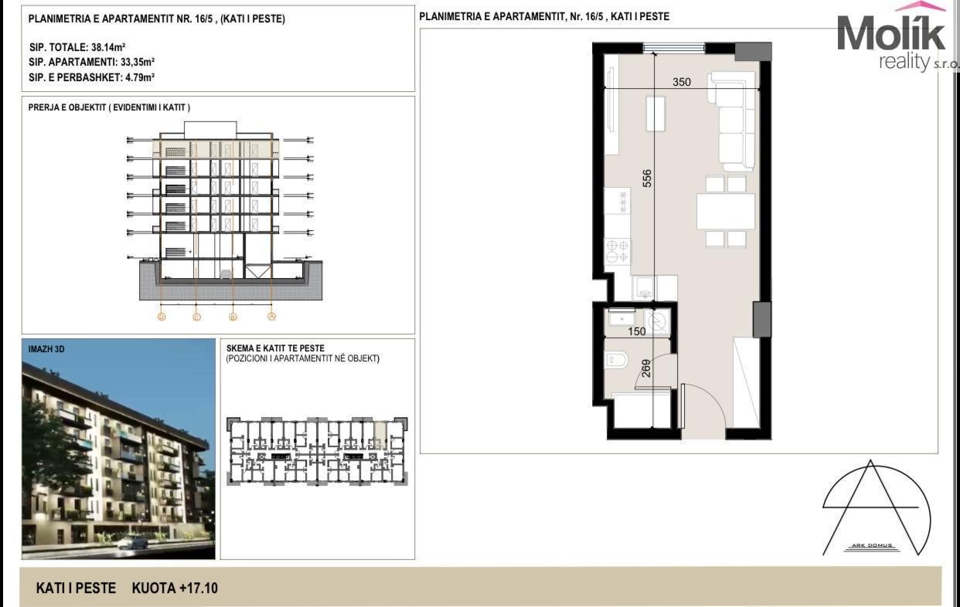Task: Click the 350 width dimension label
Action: pyautogui.click(x=682, y=82)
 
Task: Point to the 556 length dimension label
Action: pyautogui.click(x=647, y=178)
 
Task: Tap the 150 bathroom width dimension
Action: pyautogui.click(x=637, y=331)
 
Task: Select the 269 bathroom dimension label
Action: pyautogui.click(x=646, y=368)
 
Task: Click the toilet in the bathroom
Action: pyautogui.click(x=615, y=361)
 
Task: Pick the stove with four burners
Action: pyautogui.click(x=617, y=251)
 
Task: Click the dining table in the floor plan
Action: pyautogui.click(x=726, y=212)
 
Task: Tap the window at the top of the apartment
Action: pyautogui.click(x=674, y=48)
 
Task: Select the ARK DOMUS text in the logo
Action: pyautogui.click(x=871, y=545)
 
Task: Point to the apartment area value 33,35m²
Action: pyautogui.click(x=137, y=62)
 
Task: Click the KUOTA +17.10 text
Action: pyautogui.click(x=175, y=588)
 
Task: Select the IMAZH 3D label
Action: pyautogui.click(x=46, y=349)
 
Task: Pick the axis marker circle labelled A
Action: pyautogui.click(x=272, y=317)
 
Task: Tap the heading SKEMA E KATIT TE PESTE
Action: pyautogui.click(x=275, y=348)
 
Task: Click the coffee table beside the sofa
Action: pyautogui.click(x=655, y=114)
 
